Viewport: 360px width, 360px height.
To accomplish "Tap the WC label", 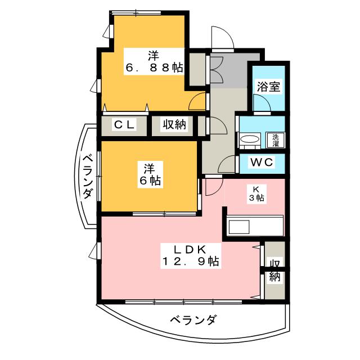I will tap(262, 163).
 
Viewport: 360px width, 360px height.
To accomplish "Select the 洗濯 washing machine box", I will tap(276, 139).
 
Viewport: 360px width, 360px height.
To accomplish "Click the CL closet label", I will tap(124, 125).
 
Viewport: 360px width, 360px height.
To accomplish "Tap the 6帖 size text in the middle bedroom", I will tap(149, 181).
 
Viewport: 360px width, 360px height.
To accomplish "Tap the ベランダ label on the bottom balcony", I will tap(193, 321).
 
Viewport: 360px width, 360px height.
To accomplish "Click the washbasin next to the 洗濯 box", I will tap(248, 139).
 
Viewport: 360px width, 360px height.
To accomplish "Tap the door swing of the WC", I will tap(228, 164).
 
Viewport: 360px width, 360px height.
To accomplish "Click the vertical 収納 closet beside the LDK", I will tap(274, 270).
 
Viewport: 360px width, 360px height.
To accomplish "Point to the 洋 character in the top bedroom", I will tap(153, 55).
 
